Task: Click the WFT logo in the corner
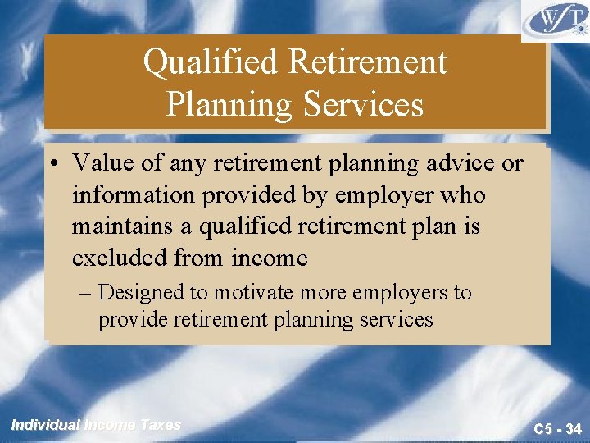(x=556, y=21)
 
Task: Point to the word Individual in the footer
(x=45, y=425)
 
